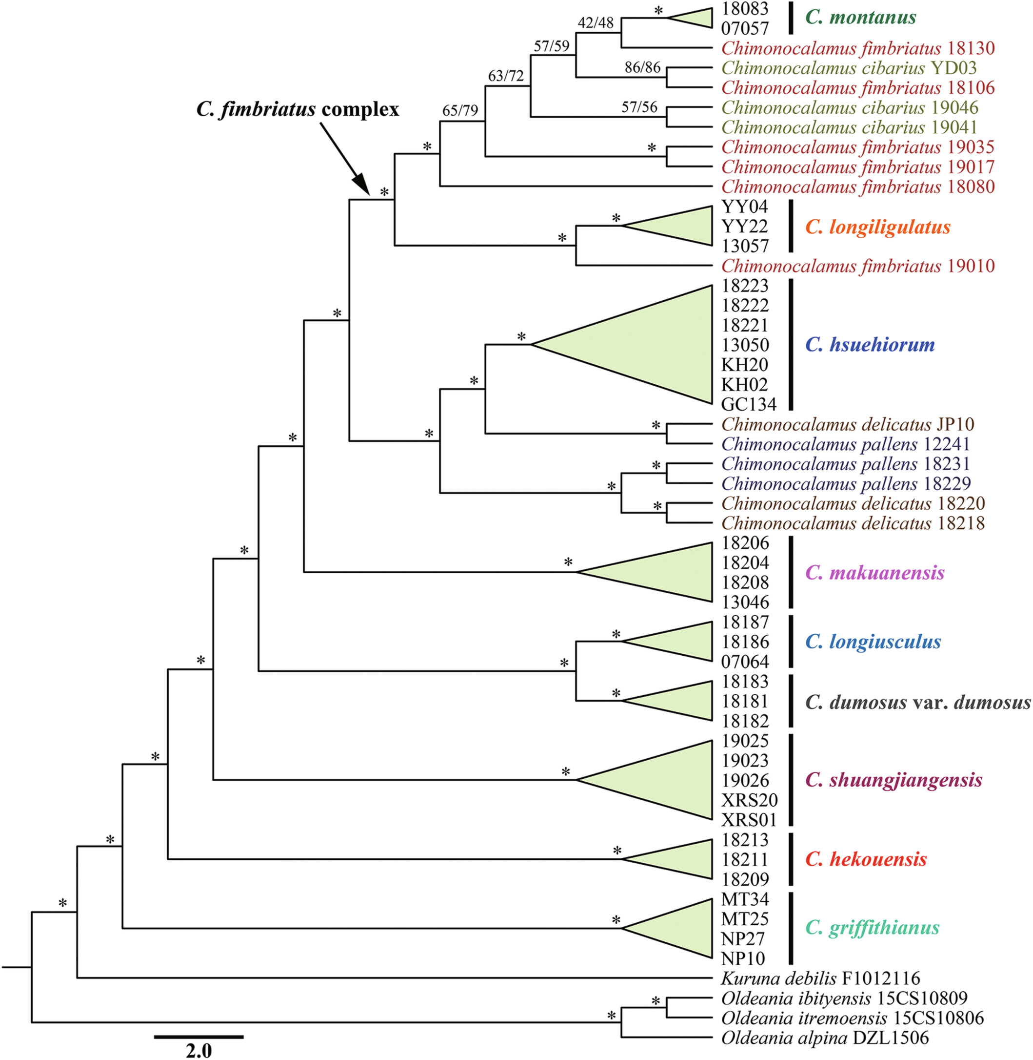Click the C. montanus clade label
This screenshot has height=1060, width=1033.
coord(860,18)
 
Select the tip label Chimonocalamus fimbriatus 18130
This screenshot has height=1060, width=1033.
coord(858,48)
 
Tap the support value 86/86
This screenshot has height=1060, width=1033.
coord(642,67)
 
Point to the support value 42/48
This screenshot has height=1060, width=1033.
coord(596,23)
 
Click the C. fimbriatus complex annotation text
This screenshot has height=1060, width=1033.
coord(298,110)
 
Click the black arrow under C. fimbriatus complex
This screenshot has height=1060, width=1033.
coord(344,158)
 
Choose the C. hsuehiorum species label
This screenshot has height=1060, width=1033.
coord(870,344)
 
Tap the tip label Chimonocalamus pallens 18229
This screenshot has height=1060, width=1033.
coord(846,483)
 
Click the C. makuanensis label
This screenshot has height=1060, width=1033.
coord(874,572)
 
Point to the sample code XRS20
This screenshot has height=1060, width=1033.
coord(749,800)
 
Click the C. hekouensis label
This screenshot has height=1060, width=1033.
coord(866,859)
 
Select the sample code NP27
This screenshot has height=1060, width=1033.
coord(743,939)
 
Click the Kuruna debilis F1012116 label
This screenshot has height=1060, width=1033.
coord(820,978)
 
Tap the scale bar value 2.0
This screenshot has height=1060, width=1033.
coord(199,1051)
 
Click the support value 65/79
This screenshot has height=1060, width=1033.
coord(460,111)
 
